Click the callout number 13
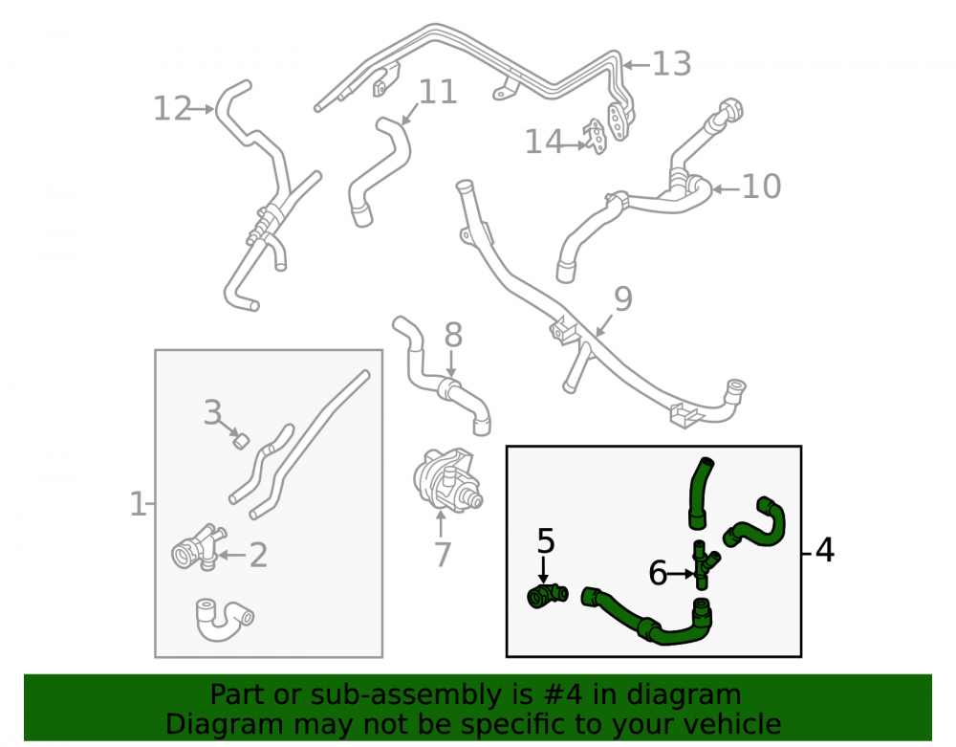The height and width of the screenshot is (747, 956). pos(672,64)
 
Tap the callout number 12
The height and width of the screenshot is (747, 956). pos(172,109)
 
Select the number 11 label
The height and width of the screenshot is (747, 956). pos(438,92)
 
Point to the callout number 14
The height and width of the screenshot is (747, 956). pos(544,143)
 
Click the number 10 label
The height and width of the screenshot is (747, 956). pos(762,187)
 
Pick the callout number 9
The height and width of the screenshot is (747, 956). pos(623,298)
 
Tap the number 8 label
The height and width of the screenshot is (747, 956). pos(453,336)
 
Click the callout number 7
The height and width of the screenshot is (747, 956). pos(442,555)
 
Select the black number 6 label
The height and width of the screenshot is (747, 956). pos(658,573)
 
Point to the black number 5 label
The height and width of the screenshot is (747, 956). pos(546,541)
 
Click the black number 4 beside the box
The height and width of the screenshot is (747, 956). pos(824,550)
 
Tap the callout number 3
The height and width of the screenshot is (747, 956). pos(212,412)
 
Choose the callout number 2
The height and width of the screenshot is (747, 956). pos(258,556)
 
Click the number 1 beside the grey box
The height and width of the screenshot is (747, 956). pos(138,505)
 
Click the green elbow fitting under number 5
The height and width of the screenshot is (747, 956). pos(547,595)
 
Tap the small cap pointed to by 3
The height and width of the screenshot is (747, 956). pos(242,440)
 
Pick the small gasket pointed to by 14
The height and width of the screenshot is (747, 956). pos(596,137)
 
